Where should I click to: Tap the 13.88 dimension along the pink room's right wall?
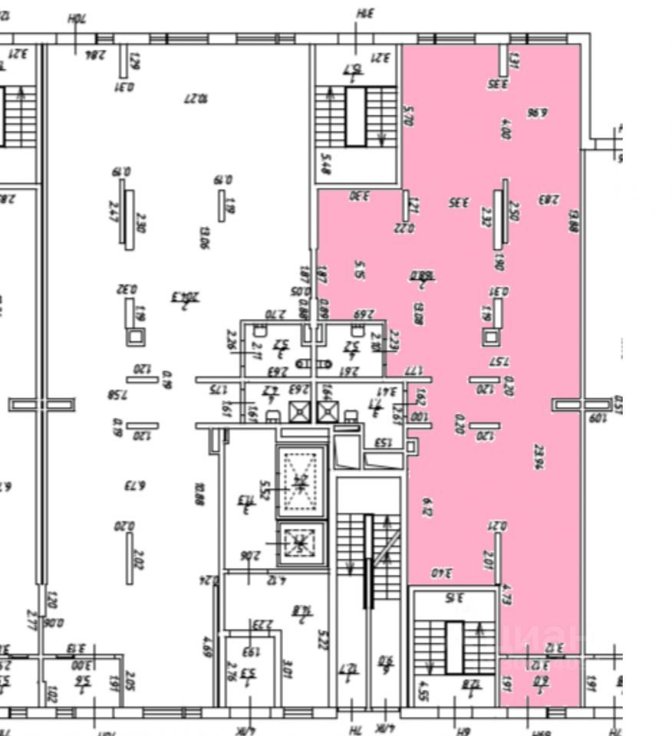point(573,225)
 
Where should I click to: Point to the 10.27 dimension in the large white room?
point(197,99)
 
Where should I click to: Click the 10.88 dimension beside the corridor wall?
point(199,493)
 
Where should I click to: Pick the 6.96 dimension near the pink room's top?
point(538,113)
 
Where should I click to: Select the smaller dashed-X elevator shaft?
point(300,542)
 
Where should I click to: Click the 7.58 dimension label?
point(117,395)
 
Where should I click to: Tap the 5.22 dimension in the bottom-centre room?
point(323,638)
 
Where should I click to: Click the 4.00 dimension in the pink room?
point(505,127)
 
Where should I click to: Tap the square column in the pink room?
point(491,336)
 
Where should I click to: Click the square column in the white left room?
point(134,336)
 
